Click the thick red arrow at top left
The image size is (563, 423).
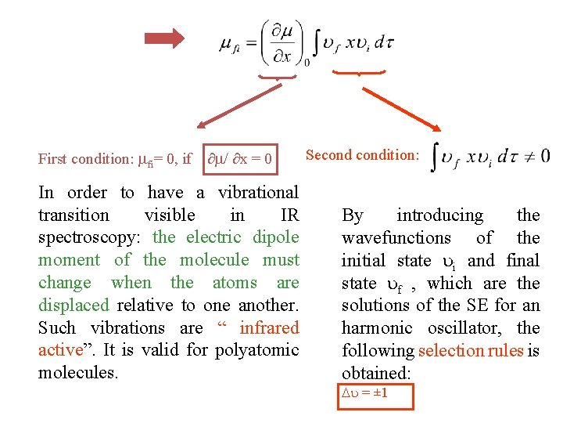[165, 38]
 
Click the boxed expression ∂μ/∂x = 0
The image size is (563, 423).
[240, 159]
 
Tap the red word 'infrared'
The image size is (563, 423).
[269, 328]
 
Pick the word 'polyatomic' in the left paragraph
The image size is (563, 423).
[258, 350]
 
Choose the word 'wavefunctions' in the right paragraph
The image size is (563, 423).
[395, 238]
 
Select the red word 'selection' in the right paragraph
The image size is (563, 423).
[454, 351]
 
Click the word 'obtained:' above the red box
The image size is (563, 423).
[377, 373]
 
